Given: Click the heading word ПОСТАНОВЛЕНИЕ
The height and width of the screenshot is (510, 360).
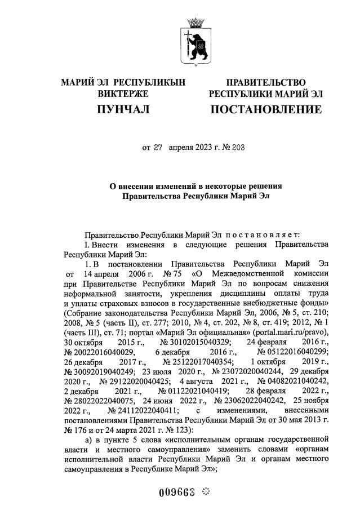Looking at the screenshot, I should (x=266, y=109).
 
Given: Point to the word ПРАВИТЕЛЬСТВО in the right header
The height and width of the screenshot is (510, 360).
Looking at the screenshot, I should (x=266, y=83).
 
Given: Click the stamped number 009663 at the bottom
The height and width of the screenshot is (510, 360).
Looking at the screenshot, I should (x=177, y=492).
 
